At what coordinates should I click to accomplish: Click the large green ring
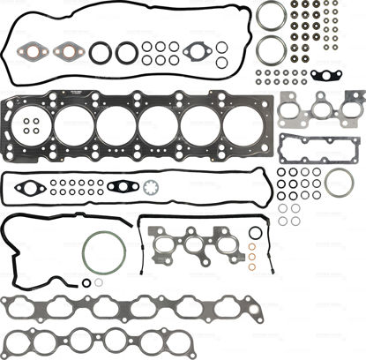[97, 253]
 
